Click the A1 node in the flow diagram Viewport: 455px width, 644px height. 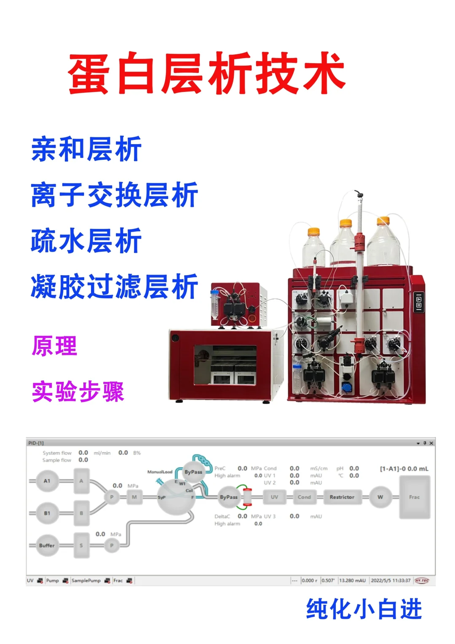click(x=47, y=481)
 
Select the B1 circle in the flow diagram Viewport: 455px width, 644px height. click(x=47, y=513)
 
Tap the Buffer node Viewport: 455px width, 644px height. click(x=47, y=545)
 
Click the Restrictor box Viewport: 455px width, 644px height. click(x=342, y=497)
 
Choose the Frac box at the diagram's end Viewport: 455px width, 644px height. click(x=414, y=497)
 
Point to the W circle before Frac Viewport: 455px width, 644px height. click(x=380, y=497)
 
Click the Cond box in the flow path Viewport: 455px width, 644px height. click(x=304, y=497)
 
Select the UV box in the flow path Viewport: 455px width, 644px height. click(x=274, y=497)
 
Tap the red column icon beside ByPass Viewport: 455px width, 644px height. click(x=247, y=497)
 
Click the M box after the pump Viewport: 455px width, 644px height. click(x=134, y=497)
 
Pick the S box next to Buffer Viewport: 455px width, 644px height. click(x=81, y=545)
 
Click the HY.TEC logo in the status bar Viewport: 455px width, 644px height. click(x=421, y=581)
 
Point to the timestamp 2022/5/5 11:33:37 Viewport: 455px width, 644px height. click(x=391, y=581)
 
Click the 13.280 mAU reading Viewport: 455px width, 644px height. click(x=352, y=581)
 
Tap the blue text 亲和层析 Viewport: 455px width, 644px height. click(x=86, y=149)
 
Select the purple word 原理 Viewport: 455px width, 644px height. click(x=55, y=346)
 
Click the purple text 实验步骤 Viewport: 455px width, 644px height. click(x=78, y=392)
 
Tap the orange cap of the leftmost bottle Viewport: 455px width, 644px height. click(x=313, y=231)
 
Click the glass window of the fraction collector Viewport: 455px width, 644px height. click(x=225, y=365)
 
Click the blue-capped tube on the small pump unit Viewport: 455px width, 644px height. click(x=215, y=303)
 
